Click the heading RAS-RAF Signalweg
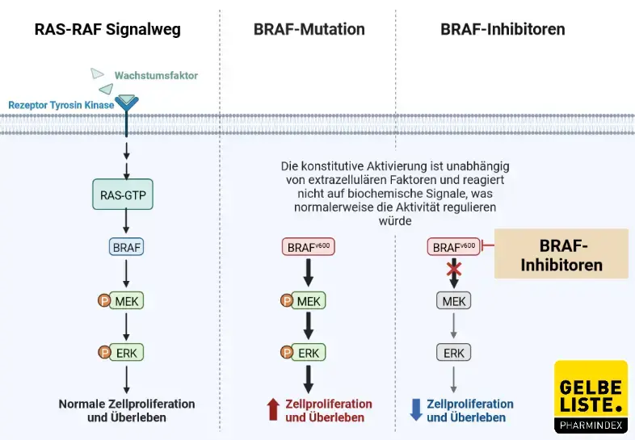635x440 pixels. (107, 30)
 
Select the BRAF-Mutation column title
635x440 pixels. (309, 30)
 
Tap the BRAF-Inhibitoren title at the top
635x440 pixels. (503, 30)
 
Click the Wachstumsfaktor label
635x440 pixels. (156, 76)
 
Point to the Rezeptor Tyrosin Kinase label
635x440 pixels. (60, 105)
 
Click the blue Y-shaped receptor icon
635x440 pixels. (127, 104)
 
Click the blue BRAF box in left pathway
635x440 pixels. (127, 247)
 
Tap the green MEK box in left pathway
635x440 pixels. (127, 301)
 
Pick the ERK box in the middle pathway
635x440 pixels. (309, 353)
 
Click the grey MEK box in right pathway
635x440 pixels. (453, 301)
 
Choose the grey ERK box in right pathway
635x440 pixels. (453, 353)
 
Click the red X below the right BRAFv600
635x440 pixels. (453, 269)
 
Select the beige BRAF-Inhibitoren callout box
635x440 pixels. (561, 254)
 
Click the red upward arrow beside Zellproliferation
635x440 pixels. (272, 410)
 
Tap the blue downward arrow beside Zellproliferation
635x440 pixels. (416, 410)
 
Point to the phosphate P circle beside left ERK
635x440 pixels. (104, 353)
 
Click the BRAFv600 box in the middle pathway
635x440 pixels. (307, 247)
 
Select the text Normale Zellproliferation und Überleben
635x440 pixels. (127, 410)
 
